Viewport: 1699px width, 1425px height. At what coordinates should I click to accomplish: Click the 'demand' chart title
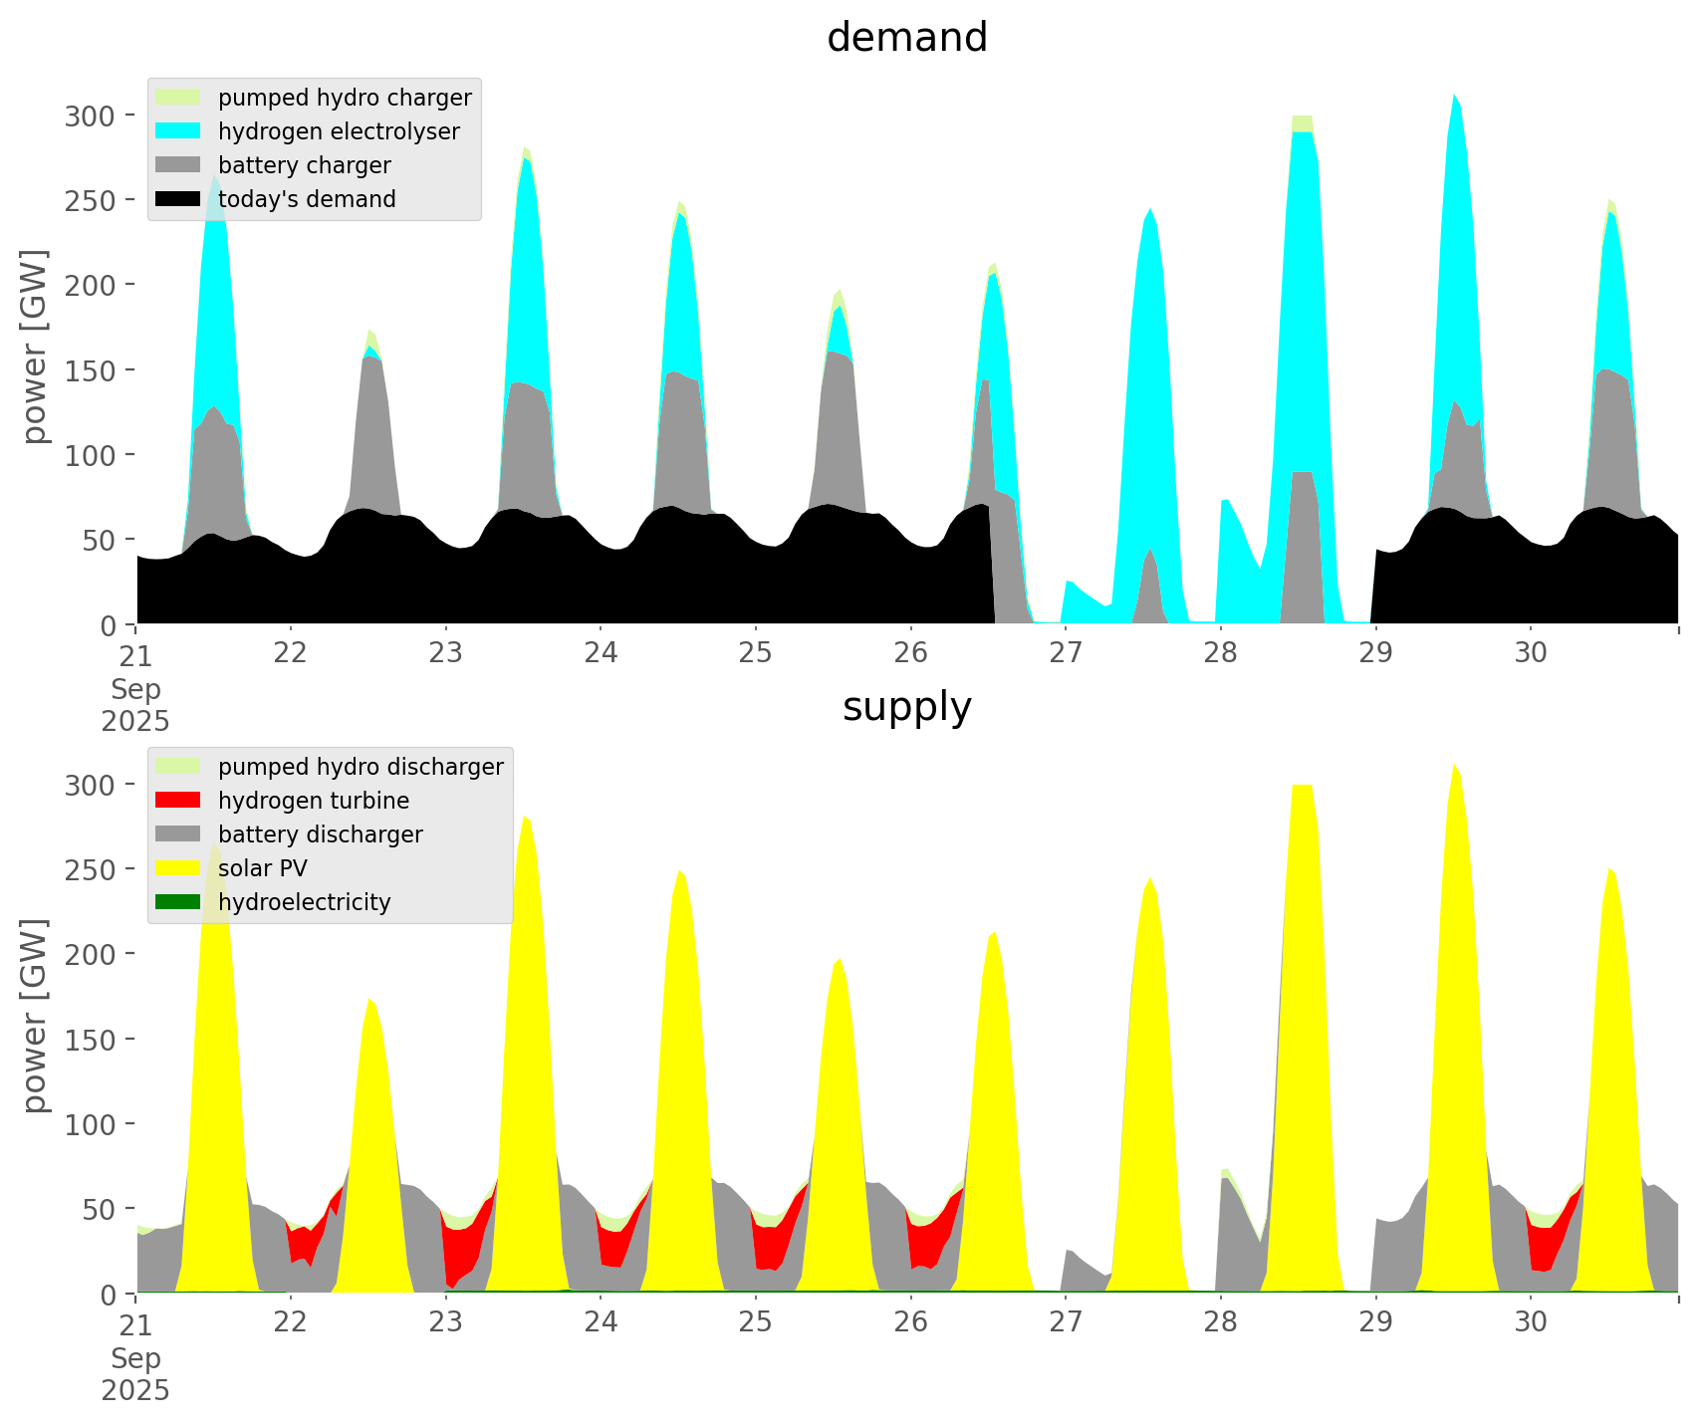click(906, 38)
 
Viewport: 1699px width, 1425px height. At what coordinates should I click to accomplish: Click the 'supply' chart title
click(906, 707)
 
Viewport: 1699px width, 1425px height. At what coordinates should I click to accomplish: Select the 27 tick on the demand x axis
click(1065, 653)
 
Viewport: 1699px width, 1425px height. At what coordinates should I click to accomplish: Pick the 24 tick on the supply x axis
click(601, 1322)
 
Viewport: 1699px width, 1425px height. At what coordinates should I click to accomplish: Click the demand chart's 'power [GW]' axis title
click(36, 346)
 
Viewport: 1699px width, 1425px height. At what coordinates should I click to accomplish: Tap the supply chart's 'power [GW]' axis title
click(36, 1015)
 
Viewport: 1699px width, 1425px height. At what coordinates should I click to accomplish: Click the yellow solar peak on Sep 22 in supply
click(369, 999)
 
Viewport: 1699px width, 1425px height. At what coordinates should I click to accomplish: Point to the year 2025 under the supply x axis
click(135, 1390)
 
